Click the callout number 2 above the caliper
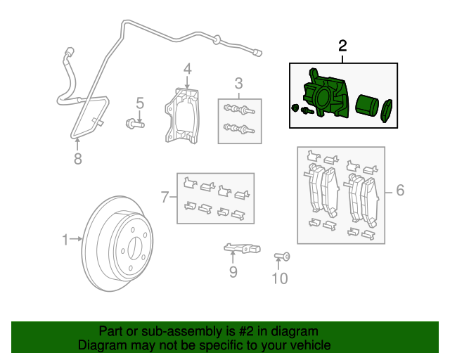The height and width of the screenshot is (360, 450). click(342, 47)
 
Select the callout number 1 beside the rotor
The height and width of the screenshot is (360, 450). click(65, 240)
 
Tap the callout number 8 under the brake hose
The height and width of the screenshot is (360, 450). click(77, 159)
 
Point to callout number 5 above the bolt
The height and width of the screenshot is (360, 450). click(140, 103)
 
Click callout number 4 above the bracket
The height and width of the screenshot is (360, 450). click(188, 69)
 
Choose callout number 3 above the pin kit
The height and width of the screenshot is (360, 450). click(238, 83)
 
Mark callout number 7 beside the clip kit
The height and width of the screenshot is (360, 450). click(165, 197)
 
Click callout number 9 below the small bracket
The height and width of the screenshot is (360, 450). click(233, 271)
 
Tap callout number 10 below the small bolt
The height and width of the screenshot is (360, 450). click(279, 279)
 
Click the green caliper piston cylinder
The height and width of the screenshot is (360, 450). click(366, 105)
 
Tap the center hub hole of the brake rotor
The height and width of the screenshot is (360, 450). click(132, 249)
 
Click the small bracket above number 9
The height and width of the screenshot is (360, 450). click(240, 247)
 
